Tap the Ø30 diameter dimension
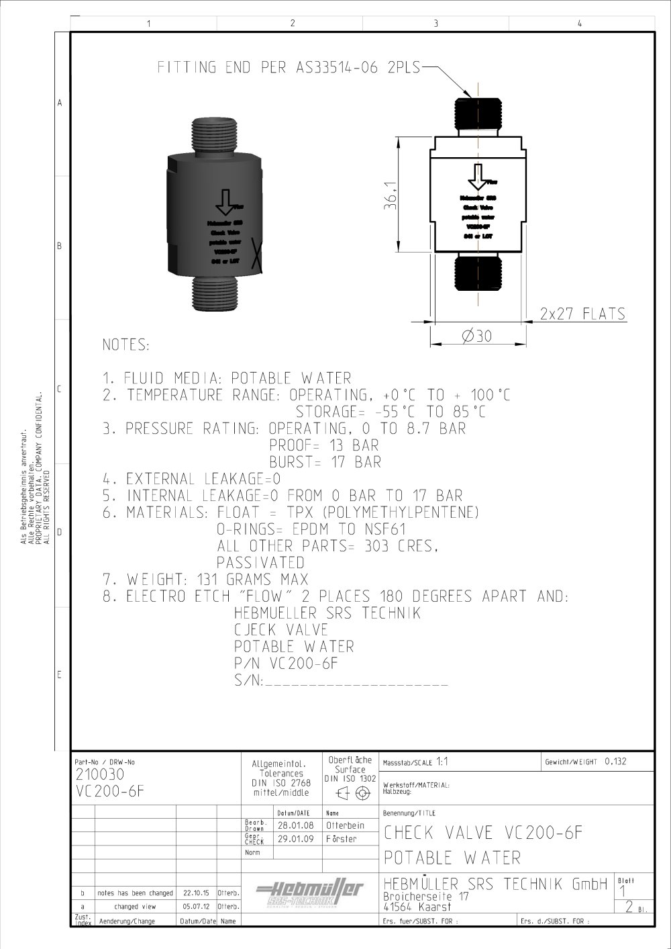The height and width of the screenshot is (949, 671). pos(476,336)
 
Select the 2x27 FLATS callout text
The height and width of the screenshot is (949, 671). pos(582,314)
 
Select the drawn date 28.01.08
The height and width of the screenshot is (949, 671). pos(295,825)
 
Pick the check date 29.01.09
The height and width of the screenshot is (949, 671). pos(295,839)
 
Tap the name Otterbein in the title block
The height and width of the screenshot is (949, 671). pos(345,825)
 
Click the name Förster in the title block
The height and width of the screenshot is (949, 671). pos(342,839)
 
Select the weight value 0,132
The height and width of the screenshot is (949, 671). pos(615,762)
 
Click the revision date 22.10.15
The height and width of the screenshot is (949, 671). pos(196,894)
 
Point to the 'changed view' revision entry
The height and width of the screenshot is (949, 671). pos(135,907)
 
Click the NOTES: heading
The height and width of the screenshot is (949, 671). pos(125,345)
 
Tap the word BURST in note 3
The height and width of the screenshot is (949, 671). pos(291,462)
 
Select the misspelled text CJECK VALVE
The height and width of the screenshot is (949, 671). pos(280,630)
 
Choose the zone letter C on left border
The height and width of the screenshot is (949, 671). pos(60,390)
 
